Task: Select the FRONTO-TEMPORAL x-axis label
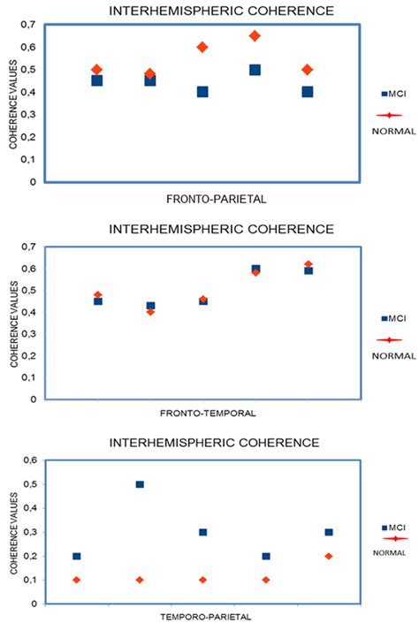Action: [x=209, y=413]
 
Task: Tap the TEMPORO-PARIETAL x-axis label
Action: [x=209, y=616]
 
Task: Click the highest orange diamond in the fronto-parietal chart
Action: [x=255, y=36]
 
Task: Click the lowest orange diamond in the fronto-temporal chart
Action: [x=150, y=311]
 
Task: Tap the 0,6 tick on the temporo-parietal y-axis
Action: [x=30, y=460]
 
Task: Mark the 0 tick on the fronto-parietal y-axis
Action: [x=34, y=182]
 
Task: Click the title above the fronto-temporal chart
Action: [x=221, y=228]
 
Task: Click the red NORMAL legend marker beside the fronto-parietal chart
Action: [x=390, y=114]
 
